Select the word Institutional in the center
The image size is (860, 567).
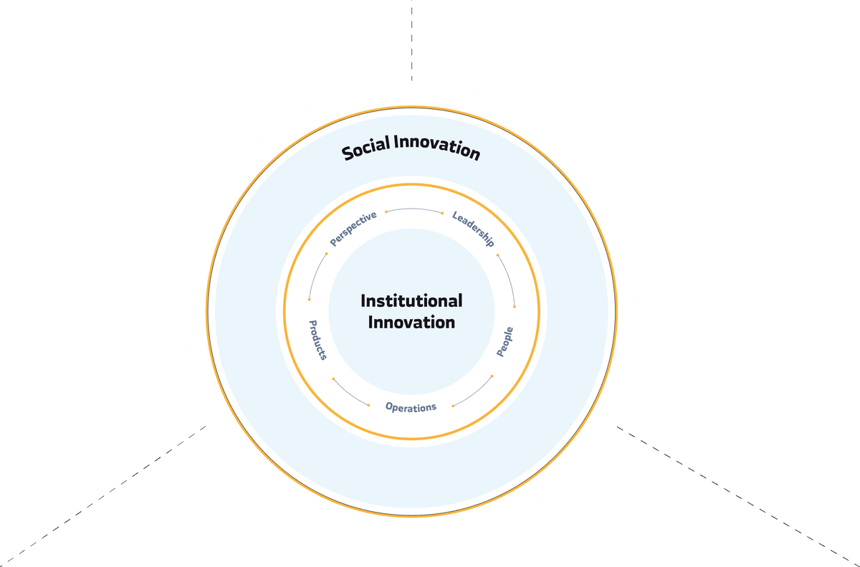(x=411, y=300)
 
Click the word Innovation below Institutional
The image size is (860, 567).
(x=411, y=323)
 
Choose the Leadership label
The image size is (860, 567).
(x=473, y=229)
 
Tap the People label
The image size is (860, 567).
(x=505, y=342)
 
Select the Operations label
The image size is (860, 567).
(x=411, y=407)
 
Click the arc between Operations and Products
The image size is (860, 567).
(x=348, y=394)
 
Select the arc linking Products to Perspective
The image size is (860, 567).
(x=315, y=275)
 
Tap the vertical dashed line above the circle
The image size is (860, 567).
(x=412, y=39)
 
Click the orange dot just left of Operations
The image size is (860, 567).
(x=368, y=405)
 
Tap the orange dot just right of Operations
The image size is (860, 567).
(x=453, y=406)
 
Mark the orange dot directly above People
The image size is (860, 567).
(x=515, y=306)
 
